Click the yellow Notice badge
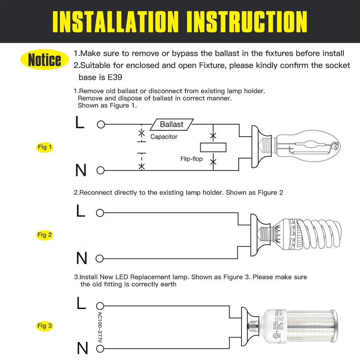(x=44, y=60)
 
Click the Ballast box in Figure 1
(x=172, y=124)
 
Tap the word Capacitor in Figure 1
(x=164, y=137)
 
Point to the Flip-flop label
(x=191, y=159)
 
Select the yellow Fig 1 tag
(x=45, y=147)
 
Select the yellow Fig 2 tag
(x=45, y=235)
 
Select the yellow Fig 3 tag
(x=45, y=325)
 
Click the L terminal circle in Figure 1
(x=100, y=124)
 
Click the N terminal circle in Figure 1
(x=100, y=171)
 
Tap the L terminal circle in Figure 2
(x=100, y=213)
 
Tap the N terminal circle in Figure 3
(x=100, y=349)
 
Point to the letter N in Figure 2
(x=81, y=258)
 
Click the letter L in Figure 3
(x=81, y=303)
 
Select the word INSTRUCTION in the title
(x=247, y=21)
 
